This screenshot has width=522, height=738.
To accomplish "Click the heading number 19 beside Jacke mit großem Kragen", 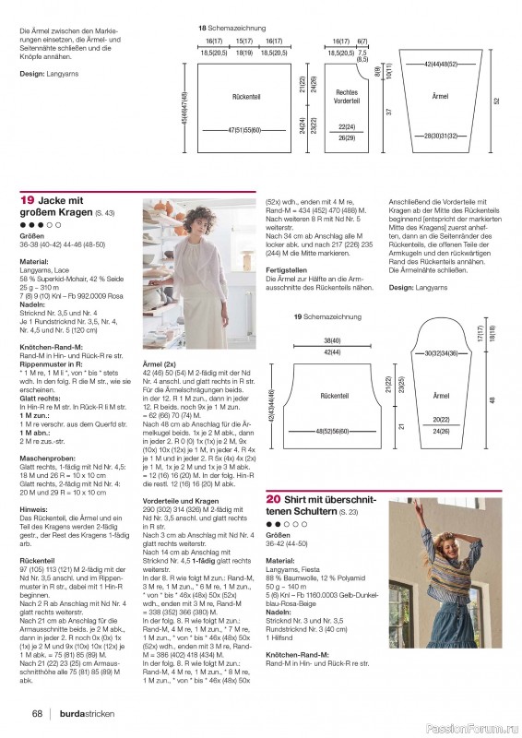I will (x=28, y=200).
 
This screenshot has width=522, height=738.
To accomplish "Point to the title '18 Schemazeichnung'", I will (x=234, y=30).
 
